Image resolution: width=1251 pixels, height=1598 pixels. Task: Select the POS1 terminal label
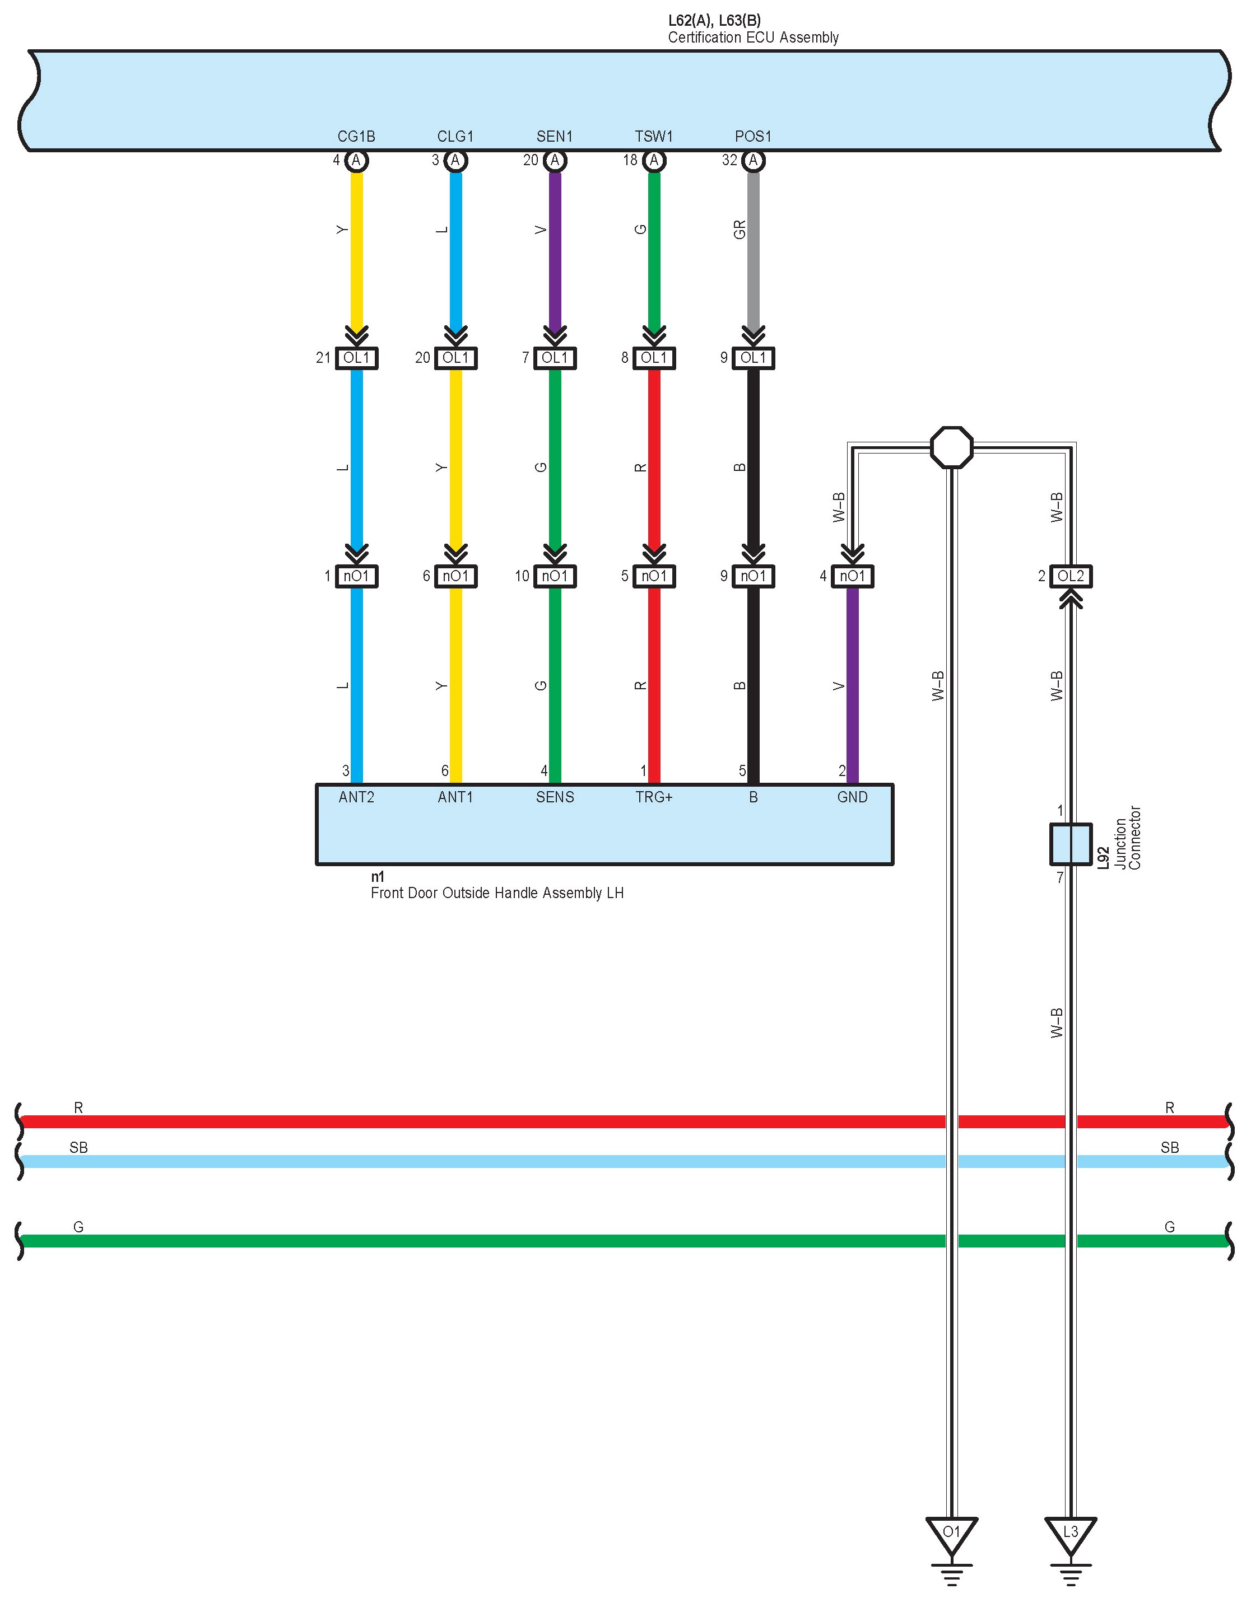(x=753, y=136)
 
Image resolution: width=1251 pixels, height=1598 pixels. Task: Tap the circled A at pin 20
(x=555, y=160)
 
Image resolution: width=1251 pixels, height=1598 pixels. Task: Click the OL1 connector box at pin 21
(x=357, y=358)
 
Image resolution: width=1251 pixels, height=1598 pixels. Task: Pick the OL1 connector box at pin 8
(x=654, y=358)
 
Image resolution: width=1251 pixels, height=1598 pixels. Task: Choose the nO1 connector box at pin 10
(x=555, y=576)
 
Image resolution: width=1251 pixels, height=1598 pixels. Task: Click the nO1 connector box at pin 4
(x=853, y=576)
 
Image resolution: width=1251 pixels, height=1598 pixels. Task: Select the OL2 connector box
(x=1070, y=576)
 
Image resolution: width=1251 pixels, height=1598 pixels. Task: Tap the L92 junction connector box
(x=1070, y=843)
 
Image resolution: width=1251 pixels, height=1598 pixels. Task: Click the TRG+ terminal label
(x=654, y=797)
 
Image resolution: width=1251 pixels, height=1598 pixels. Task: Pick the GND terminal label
(x=853, y=797)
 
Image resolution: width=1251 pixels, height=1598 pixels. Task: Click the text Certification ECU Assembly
(x=753, y=38)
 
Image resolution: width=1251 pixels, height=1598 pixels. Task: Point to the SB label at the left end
(x=78, y=1148)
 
